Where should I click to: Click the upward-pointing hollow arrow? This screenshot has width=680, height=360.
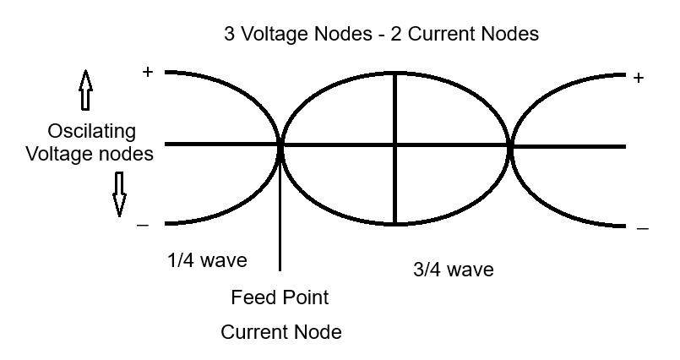point(84,90)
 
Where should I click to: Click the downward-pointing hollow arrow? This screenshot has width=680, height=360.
point(119,194)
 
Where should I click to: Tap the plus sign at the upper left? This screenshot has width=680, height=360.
point(148,73)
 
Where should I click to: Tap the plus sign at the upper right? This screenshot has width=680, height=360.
point(639,78)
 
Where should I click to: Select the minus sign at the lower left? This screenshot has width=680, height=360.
point(143,225)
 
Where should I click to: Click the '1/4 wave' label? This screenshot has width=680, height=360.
point(207,260)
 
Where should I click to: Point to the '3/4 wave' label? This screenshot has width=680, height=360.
point(453,270)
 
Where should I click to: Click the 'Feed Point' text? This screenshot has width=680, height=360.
point(280,298)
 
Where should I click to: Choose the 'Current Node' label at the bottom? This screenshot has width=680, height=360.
point(281,332)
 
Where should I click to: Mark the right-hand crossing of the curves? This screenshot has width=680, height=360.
point(511,146)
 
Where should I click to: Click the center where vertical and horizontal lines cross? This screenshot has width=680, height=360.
point(395,146)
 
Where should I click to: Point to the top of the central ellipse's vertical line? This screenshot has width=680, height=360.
point(395,72)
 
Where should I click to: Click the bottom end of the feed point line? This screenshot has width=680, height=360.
point(280,269)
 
